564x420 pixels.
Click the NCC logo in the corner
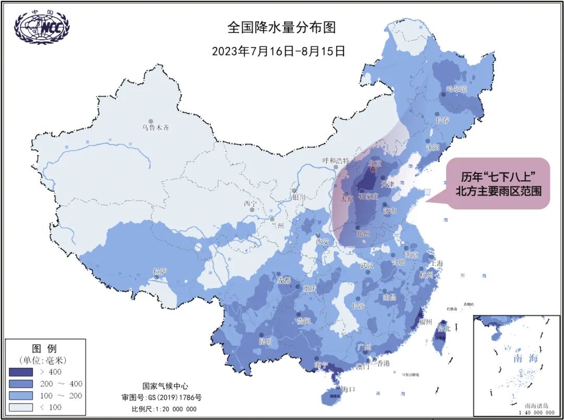(42, 27)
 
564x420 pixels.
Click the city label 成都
(285, 281)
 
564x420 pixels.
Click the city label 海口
(348, 389)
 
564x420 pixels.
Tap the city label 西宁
(250, 204)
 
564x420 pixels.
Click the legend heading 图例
(44, 348)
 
